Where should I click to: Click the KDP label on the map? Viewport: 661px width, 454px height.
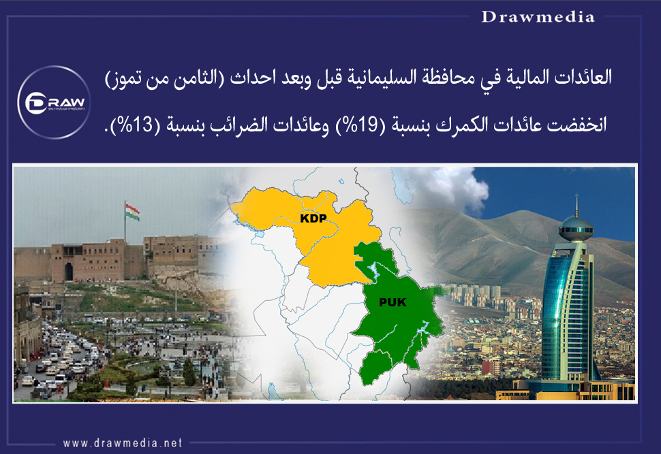313,218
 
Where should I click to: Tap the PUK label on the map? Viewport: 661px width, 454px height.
393,302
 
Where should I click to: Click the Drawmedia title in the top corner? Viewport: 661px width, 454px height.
538,17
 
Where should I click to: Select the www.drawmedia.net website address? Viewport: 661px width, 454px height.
123,443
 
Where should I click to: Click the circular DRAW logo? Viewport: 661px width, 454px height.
54,102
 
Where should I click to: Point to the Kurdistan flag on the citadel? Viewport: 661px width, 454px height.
132,212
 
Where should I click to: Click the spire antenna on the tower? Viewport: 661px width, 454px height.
577,205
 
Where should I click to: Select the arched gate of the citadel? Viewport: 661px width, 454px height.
69,272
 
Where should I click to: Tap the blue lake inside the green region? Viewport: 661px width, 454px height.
372,272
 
